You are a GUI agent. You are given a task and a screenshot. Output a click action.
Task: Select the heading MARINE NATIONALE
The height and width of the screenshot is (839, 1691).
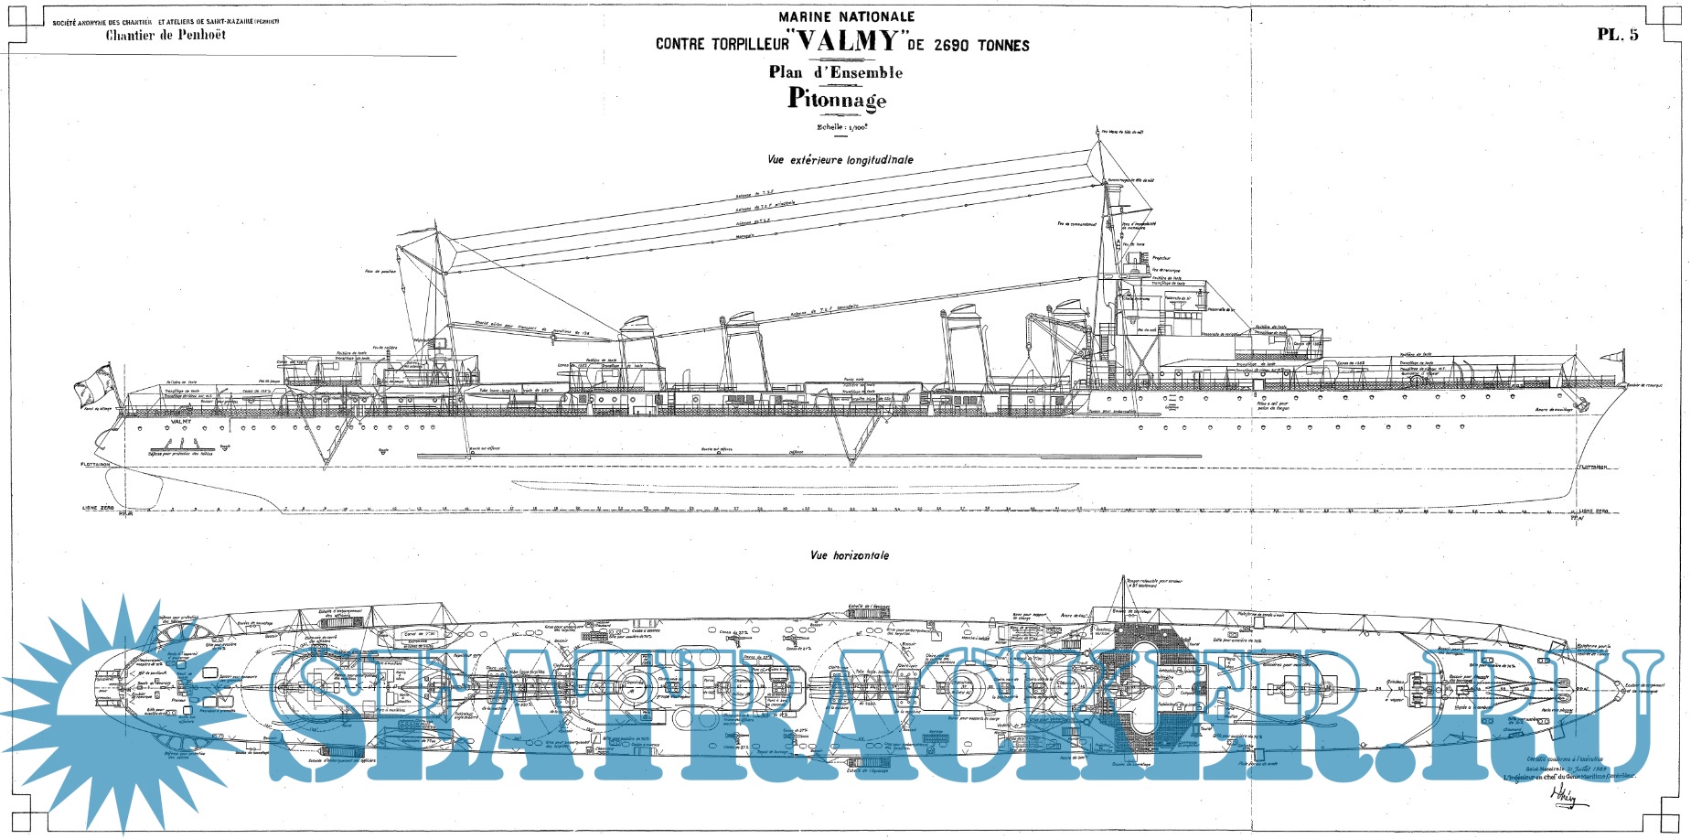tap(846, 16)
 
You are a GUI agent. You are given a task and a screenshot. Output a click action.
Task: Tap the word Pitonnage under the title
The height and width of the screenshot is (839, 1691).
tap(837, 99)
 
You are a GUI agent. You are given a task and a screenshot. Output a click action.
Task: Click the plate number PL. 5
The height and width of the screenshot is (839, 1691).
tap(1618, 35)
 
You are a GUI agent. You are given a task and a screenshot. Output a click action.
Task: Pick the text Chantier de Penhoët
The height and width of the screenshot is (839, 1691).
tap(166, 36)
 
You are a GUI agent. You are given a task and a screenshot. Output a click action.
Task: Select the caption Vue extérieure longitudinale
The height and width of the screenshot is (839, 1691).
tap(840, 159)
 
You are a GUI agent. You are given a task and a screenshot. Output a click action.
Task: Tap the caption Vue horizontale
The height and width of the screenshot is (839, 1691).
tap(849, 555)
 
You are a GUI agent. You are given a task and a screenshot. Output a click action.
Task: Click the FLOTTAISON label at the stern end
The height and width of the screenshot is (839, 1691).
tap(95, 465)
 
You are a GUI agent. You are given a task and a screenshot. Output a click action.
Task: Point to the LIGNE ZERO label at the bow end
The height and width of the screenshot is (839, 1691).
tap(1594, 511)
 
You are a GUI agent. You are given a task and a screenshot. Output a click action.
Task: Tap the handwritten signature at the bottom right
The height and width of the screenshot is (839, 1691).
tap(1566, 798)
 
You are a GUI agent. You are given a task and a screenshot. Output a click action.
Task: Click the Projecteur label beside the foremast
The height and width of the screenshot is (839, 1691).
tap(1161, 259)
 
